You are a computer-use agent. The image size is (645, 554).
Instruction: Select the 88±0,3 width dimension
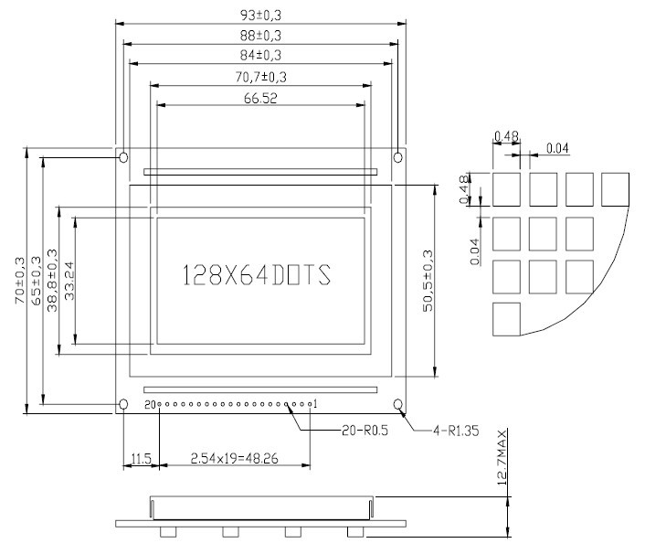click(260, 35)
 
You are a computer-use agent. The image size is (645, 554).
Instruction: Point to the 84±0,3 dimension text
click(260, 55)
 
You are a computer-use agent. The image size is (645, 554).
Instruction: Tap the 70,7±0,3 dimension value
click(260, 76)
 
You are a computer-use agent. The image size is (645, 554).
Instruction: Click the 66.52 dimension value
click(260, 98)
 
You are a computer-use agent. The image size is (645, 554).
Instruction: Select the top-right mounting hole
click(397, 158)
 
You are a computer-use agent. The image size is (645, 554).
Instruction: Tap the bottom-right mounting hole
click(398, 404)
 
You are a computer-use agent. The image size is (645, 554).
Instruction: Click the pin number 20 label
click(149, 403)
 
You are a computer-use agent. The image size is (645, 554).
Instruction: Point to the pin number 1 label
click(315, 403)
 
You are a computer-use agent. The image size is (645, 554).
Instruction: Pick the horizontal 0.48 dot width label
click(505, 137)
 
